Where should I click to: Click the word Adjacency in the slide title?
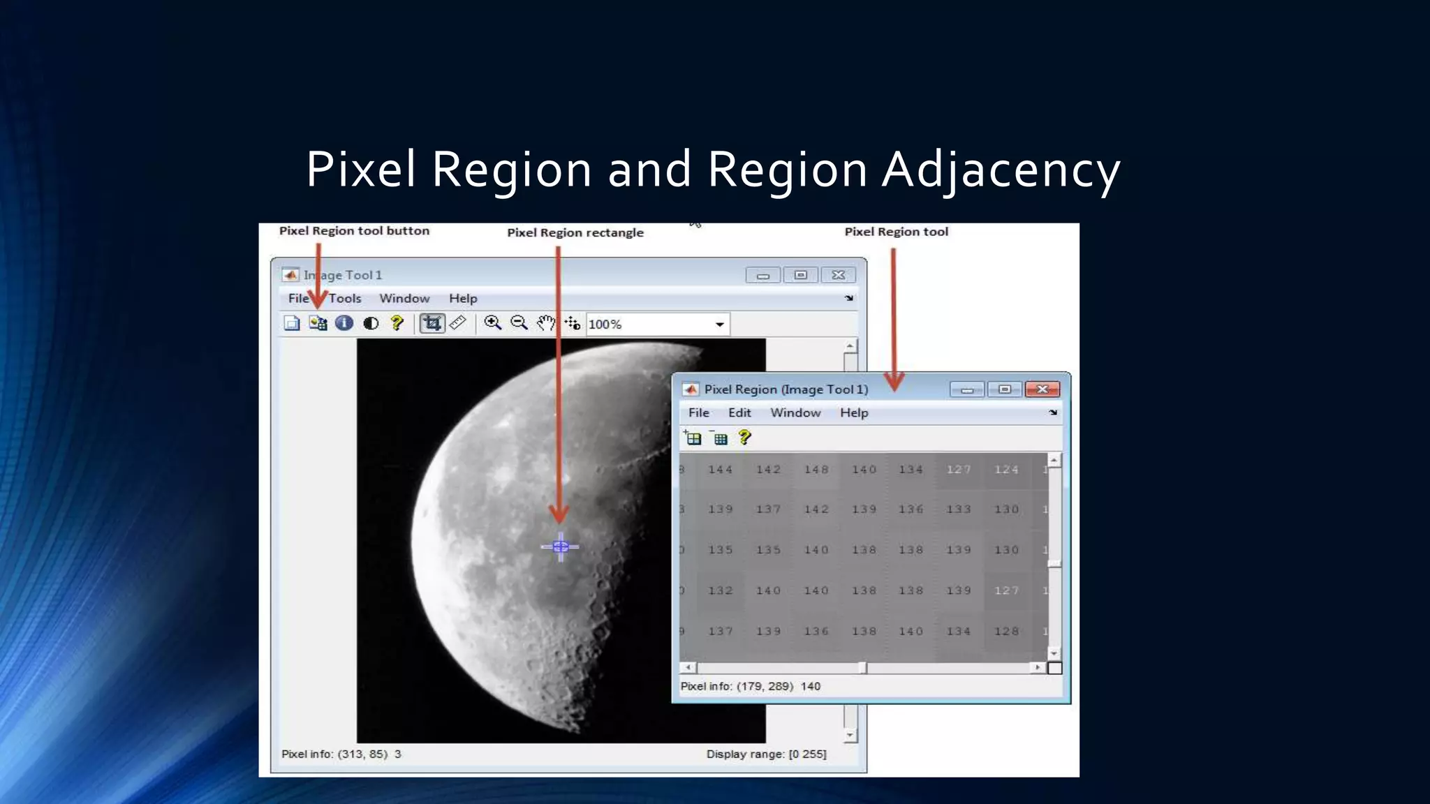click(1001, 170)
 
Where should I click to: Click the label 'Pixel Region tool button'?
click(354, 231)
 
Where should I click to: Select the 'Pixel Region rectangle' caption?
click(575, 232)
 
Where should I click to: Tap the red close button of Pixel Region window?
click(1042, 389)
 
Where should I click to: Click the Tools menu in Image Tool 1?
click(345, 299)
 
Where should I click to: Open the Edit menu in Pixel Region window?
click(739, 413)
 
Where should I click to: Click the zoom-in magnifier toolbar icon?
click(492, 323)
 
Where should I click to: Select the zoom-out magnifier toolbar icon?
click(519, 323)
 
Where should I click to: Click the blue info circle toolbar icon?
click(344, 323)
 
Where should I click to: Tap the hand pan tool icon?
click(545, 323)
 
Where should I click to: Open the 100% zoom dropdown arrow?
click(719, 325)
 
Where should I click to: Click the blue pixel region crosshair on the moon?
click(560, 547)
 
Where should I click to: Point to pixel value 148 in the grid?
click(816, 470)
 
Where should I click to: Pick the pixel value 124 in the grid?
click(1006, 470)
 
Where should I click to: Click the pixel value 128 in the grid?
click(1006, 632)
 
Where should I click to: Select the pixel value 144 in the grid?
click(720, 470)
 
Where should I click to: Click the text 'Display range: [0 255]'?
click(766, 754)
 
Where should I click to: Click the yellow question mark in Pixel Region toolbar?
click(745, 438)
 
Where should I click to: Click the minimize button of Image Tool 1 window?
click(762, 276)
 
